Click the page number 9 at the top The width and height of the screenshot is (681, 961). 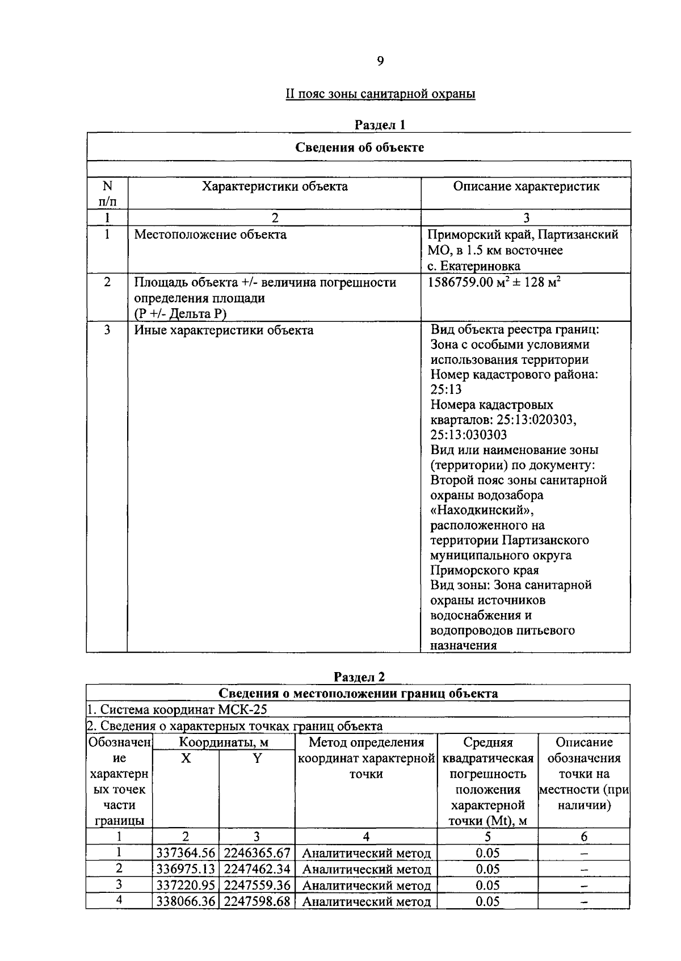tap(380, 61)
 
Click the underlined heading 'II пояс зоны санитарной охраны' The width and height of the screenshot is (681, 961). tap(380, 94)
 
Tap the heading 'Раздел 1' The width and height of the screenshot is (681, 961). tap(380, 124)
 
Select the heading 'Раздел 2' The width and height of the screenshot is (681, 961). tap(359, 677)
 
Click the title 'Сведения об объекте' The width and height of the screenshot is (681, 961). tap(359, 148)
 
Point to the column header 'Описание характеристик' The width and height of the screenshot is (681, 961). tap(526, 186)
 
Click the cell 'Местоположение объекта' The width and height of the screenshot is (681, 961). tap(211, 234)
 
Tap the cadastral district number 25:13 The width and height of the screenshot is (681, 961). tap(446, 389)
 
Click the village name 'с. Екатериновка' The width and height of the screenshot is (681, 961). tap(474, 266)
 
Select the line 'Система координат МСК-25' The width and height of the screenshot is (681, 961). tap(177, 710)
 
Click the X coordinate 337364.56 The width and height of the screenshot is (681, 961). tap(186, 853)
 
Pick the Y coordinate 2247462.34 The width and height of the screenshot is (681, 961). tap(257, 869)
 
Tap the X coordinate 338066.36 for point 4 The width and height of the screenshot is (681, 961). tap(186, 901)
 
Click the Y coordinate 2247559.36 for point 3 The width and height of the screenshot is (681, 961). tap(257, 886)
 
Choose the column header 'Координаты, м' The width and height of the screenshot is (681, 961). tap(224, 742)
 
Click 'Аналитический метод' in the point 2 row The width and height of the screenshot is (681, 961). tap(366, 869)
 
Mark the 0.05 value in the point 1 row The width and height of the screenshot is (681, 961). tap(487, 853)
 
